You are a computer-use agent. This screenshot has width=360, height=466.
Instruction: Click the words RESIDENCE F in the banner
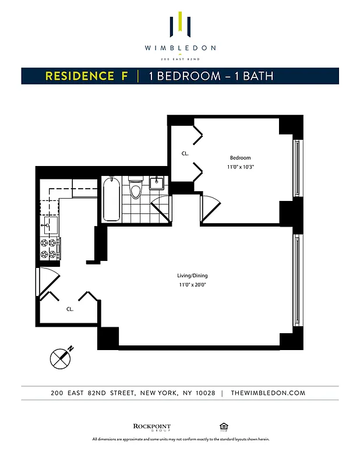(x=87, y=76)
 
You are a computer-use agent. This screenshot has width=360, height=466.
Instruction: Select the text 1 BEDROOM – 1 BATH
(x=211, y=76)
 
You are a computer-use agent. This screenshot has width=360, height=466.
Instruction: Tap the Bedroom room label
(x=240, y=158)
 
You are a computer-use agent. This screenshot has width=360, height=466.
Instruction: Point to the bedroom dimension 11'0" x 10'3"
(x=240, y=167)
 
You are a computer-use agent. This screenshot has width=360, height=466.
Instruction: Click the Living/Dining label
(x=192, y=276)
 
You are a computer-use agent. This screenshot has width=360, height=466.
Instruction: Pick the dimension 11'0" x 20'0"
(x=192, y=285)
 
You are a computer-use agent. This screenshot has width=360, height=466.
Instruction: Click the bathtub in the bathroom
(x=112, y=199)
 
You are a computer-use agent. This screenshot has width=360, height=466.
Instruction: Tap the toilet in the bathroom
(x=136, y=190)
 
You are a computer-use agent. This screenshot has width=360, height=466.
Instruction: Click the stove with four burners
(x=48, y=249)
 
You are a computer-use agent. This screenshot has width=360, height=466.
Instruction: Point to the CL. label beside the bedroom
(x=185, y=154)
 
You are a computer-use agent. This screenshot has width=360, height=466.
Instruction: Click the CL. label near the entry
(x=69, y=309)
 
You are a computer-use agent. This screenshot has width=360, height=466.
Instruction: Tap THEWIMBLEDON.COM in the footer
(x=268, y=393)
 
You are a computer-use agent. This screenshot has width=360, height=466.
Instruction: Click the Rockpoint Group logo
(x=152, y=428)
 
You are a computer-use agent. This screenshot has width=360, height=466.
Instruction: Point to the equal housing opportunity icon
(x=223, y=427)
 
